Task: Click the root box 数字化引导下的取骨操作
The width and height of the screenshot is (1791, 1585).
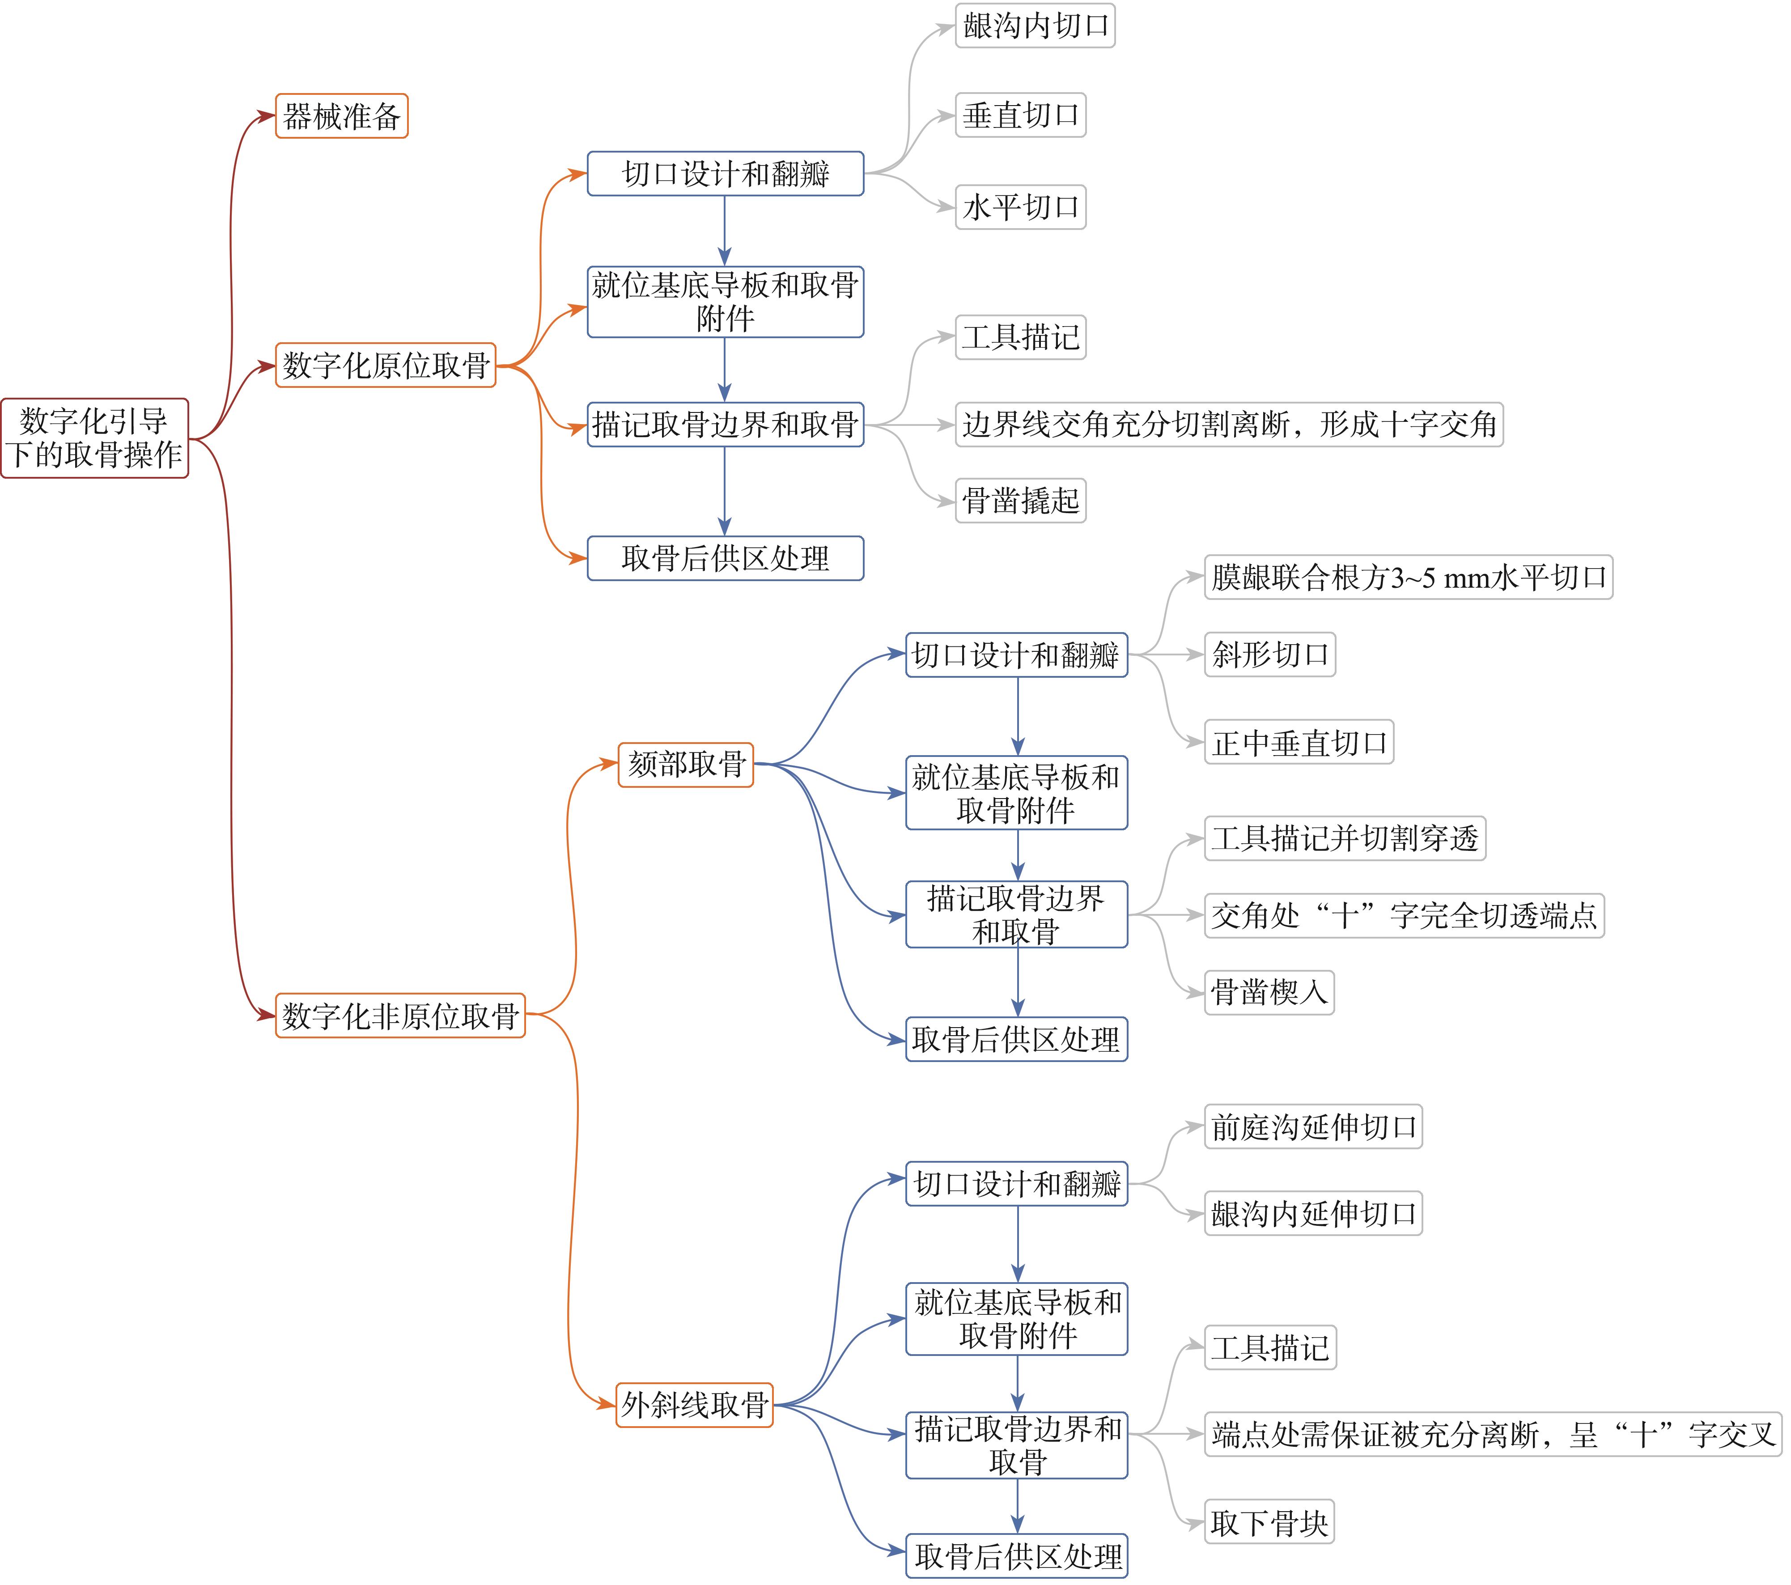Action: (x=95, y=438)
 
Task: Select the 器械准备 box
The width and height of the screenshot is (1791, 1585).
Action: (x=342, y=116)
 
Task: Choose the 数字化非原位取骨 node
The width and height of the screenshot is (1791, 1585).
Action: (x=400, y=1016)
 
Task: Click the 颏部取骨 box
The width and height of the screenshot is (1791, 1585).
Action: (x=686, y=764)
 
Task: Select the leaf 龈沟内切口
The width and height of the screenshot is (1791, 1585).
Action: (x=1035, y=25)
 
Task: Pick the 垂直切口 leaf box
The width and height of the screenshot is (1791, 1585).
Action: (x=1021, y=115)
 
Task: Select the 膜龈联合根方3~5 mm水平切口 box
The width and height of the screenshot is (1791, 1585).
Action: (x=1408, y=577)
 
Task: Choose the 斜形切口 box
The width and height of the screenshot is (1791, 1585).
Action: (x=1269, y=654)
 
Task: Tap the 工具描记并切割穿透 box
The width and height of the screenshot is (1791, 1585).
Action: (x=1345, y=838)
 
